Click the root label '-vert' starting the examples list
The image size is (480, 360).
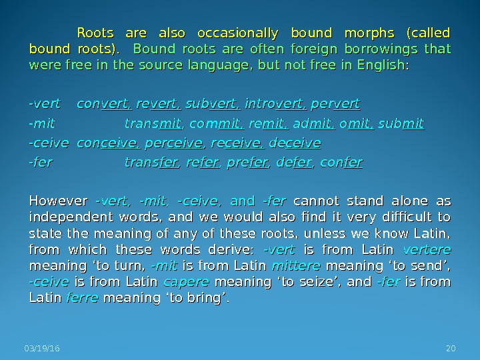click(x=43, y=105)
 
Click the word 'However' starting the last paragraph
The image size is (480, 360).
click(x=58, y=201)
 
